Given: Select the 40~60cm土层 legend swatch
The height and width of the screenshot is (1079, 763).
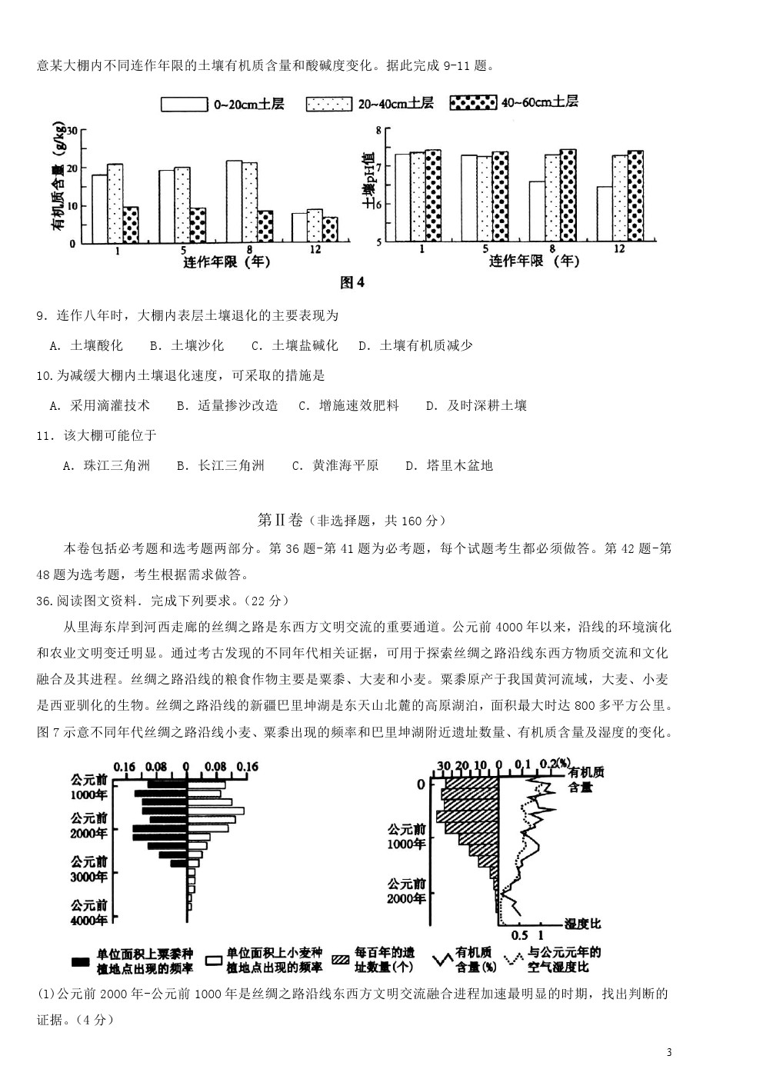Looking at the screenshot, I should [x=472, y=103].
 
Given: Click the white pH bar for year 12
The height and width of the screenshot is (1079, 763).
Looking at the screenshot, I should [x=605, y=214].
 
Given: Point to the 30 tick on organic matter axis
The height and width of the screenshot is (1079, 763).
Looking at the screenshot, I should [x=71, y=130].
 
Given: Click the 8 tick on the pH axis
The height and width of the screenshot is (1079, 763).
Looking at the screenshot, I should [x=378, y=130].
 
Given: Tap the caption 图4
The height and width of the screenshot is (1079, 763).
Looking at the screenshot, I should [x=352, y=282].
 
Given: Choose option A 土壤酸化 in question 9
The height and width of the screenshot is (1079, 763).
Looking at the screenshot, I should [x=86, y=345].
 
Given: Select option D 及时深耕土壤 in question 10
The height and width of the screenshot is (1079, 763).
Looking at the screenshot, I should [x=477, y=405].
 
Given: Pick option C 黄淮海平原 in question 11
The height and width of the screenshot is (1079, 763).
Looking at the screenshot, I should [x=335, y=465].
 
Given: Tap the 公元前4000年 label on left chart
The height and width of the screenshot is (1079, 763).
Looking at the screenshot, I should [x=89, y=913].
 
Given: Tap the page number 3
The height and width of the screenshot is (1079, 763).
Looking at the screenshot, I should [x=669, y=1052].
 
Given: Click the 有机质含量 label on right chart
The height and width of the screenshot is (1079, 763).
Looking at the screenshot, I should [x=586, y=779].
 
